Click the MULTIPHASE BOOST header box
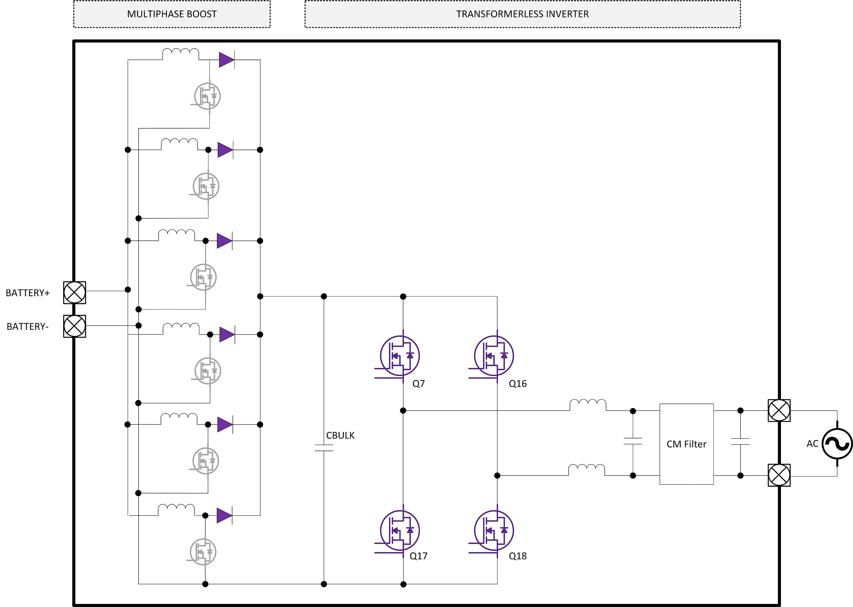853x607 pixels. pyautogui.click(x=172, y=14)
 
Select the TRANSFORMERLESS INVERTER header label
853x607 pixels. pyautogui.click(x=522, y=14)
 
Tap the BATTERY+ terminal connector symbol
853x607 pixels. pyautogui.click(x=74, y=293)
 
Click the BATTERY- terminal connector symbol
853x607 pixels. pyautogui.click(x=74, y=326)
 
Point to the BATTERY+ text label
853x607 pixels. pyautogui.click(x=28, y=293)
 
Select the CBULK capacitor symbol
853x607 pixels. pyautogui.click(x=324, y=448)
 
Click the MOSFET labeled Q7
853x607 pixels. pyautogui.click(x=400, y=356)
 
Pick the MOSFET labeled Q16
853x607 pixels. pyautogui.click(x=494, y=356)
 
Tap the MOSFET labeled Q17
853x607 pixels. pyautogui.click(x=400, y=530)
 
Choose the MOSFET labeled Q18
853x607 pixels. pyautogui.click(x=494, y=530)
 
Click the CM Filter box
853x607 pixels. pyautogui.click(x=686, y=444)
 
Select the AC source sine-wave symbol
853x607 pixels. pyautogui.click(x=837, y=444)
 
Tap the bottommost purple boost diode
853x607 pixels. pyautogui.click(x=224, y=516)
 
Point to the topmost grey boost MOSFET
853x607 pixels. pyautogui.click(x=207, y=96)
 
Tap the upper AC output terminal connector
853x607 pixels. pyautogui.click(x=779, y=410)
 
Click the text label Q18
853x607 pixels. pyautogui.click(x=518, y=556)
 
